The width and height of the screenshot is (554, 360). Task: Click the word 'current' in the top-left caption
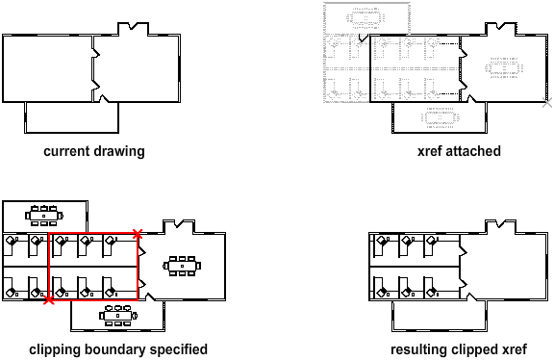coord(66,151)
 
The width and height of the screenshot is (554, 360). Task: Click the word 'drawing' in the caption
coord(119,152)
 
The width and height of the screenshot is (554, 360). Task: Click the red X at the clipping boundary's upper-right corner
coord(138,233)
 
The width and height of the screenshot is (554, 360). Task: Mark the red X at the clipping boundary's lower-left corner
coord(49,300)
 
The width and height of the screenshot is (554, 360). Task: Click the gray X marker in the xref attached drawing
coord(547,103)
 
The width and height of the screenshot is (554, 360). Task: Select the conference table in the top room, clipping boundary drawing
coord(44,216)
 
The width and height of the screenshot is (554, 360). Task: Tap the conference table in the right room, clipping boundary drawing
coord(182,266)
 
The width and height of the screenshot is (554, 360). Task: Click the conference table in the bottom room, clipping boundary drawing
coord(118,315)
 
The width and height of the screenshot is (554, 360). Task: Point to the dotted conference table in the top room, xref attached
coord(365,18)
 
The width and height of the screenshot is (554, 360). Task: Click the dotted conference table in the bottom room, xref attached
coord(441,117)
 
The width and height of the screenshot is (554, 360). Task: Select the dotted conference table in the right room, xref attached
coord(504,67)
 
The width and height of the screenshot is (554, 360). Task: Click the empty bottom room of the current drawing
coord(72,117)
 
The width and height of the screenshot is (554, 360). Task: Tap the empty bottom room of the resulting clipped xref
coord(440,316)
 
